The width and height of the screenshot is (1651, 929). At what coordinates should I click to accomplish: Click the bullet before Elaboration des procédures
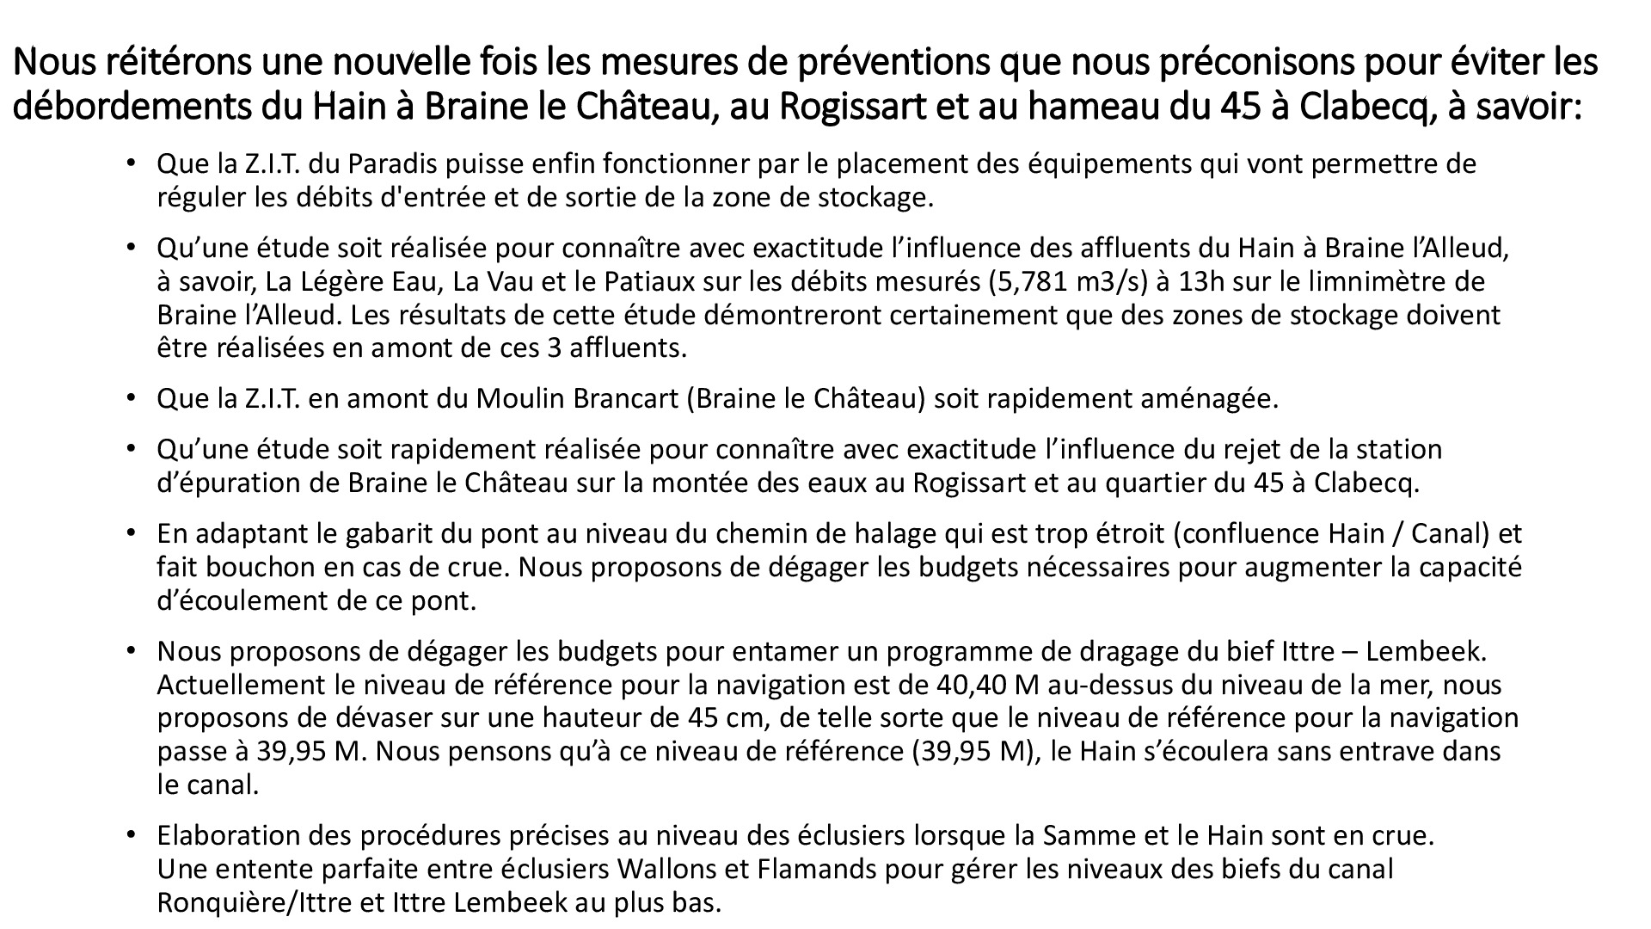(x=131, y=835)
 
